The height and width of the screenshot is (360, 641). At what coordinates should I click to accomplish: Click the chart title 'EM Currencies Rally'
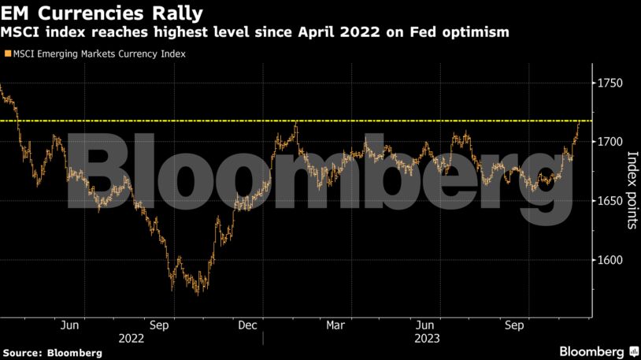click(x=102, y=13)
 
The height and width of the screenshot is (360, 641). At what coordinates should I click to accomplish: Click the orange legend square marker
click(x=8, y=54)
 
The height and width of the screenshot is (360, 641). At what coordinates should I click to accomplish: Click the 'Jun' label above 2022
click(x=69, y=325)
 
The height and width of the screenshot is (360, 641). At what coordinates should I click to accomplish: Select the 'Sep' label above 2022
click(x=158, y=325)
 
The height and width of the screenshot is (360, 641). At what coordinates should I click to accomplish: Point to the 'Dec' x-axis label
click(x=247, y=325)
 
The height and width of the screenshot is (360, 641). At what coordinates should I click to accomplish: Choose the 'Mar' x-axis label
click(x=335, y=325)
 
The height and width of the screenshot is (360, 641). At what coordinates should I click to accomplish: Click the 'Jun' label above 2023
click(x=424, y=325)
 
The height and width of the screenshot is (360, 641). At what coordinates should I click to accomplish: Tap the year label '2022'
click(x=131, y=338)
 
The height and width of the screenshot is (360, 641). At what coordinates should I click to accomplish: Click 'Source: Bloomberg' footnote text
click(x=52, y=352)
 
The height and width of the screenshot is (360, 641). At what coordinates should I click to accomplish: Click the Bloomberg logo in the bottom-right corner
click(x=594, y=351)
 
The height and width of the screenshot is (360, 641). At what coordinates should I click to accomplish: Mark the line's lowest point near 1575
click(x=198, y=291)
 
